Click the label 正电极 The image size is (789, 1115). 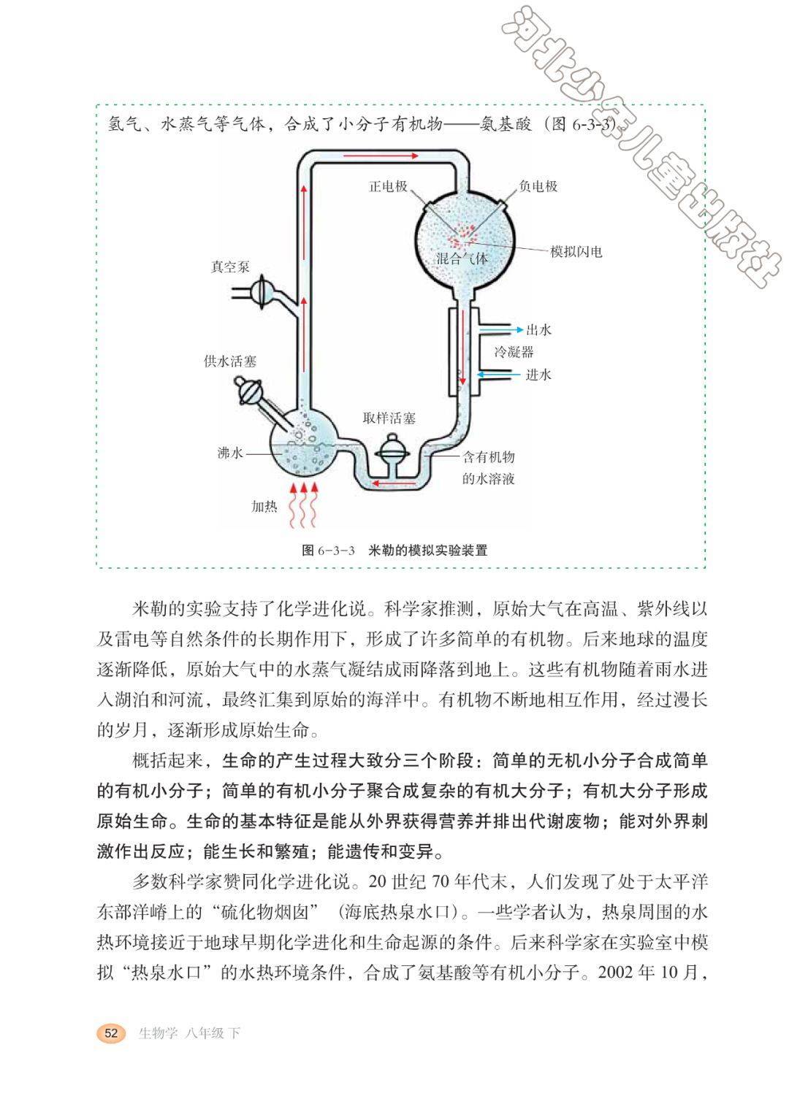click(x=388, y=186)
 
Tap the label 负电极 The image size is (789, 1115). click(x=538, y=186)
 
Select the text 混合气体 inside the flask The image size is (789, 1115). click(x=462, y=258)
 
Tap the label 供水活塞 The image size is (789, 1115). click(x=230, y=361)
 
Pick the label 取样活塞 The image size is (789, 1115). click(x=389, y=418)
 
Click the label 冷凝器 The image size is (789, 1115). click(x=514, y=352)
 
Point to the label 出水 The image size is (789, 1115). click(x=538, y=330)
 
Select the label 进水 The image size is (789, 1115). click(x=538, y=375)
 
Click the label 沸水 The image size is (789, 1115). click(x=229, y=453)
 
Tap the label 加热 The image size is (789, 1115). click(x=264, y=506)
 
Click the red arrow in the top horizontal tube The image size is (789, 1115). click(x=388, y=156)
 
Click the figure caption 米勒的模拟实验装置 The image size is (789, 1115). click(x=428, y=550)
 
